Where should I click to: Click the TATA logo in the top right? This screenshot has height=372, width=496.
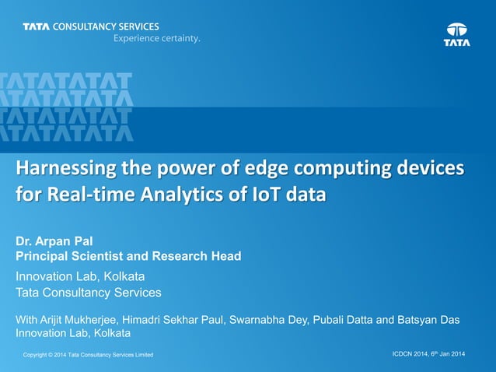(x=457, y=34)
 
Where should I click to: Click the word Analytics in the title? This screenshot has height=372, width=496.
(x=184, y=194)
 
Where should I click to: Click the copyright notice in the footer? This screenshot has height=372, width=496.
(x=88, y=356)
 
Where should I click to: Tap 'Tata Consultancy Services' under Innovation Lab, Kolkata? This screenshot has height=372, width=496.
(x=89, y=293)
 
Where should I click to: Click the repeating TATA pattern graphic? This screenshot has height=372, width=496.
(x=66, y=107)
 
